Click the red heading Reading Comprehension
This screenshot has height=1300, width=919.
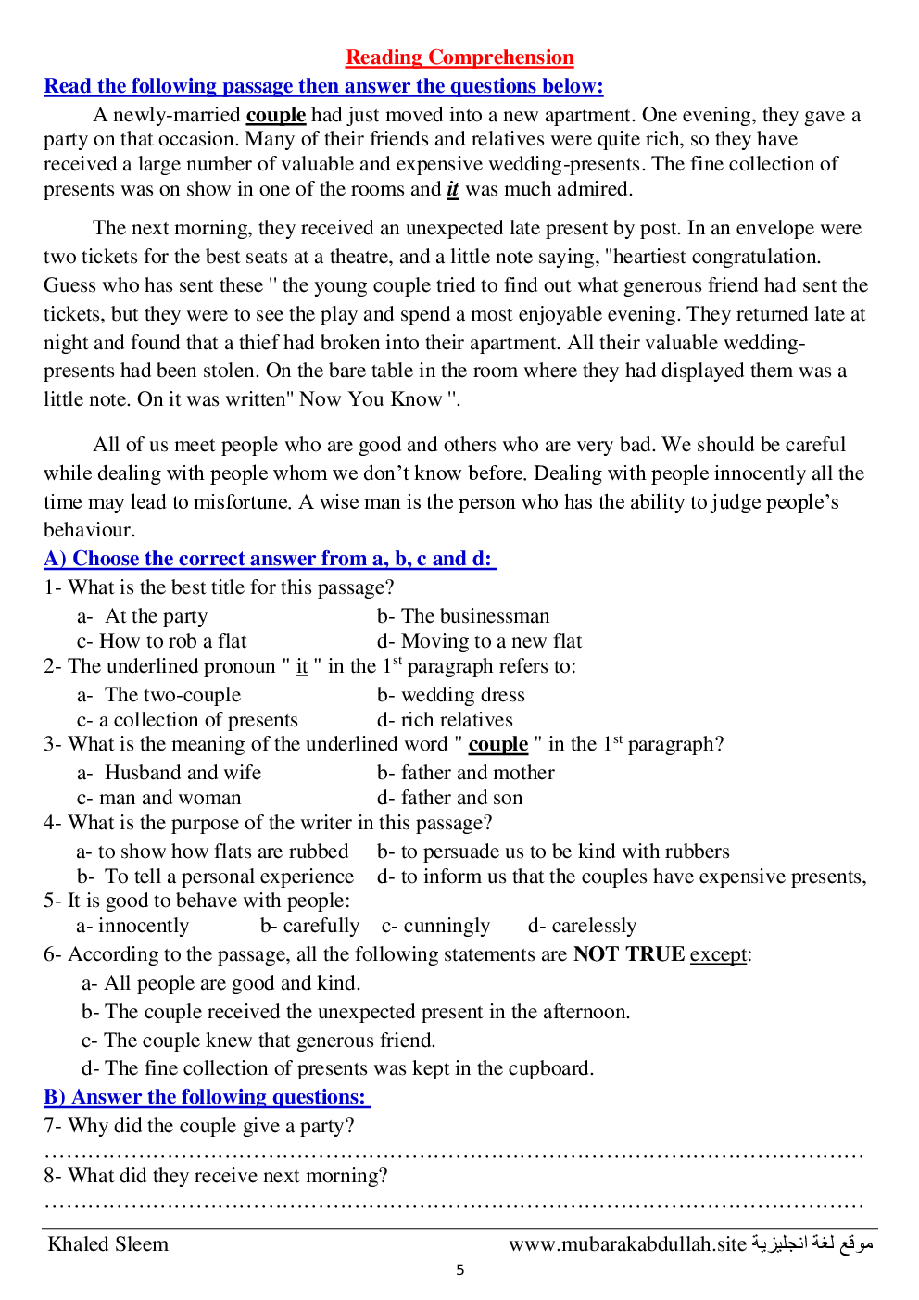pyautogui.click(x=459, y=57)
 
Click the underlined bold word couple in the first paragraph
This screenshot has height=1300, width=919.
pyautogui.click(x=275, y=115)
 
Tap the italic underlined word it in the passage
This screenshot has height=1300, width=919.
pyautogui.click(x=452, y=189)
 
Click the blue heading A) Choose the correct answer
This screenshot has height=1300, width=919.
pyautogui.click(x=270, y=559)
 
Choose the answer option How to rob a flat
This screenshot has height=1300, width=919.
pyautogui.click(x=173, y=641)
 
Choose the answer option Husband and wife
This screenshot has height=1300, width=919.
pyautogui.click(x=183, y=773)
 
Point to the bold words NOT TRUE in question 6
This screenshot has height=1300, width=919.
pyautogui.click(x=628, y=954)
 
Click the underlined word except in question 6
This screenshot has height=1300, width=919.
pyautogui.click(x=718, y=954)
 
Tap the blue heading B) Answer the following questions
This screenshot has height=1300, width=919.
pyautogui.click(x=207, y=1097)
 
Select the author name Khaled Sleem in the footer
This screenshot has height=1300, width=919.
pyautogui.click(x=108, y=1244)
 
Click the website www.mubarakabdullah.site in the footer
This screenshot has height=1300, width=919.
pyautogui.click(x=627, y=1244)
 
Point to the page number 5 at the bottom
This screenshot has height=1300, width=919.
pyautogui.click(x=459, y=1270)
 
